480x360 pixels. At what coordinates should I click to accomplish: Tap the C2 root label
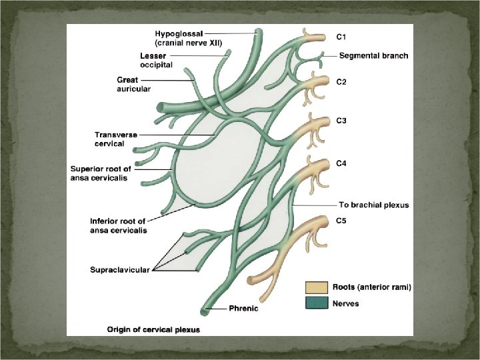click(341, 82)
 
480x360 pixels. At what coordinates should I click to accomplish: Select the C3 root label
click(341, 121)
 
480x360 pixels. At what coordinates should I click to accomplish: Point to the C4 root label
click(341, 163)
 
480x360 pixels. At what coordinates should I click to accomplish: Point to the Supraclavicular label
click(120, 270)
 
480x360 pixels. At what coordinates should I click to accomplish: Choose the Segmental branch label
click(373, 55)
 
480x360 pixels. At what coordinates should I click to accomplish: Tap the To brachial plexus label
click(373, 205)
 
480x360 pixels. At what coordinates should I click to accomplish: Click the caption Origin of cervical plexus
click(154, 329)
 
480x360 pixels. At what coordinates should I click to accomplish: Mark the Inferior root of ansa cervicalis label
click(119, 225)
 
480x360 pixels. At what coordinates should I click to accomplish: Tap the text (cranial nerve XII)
click(189, 42)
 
